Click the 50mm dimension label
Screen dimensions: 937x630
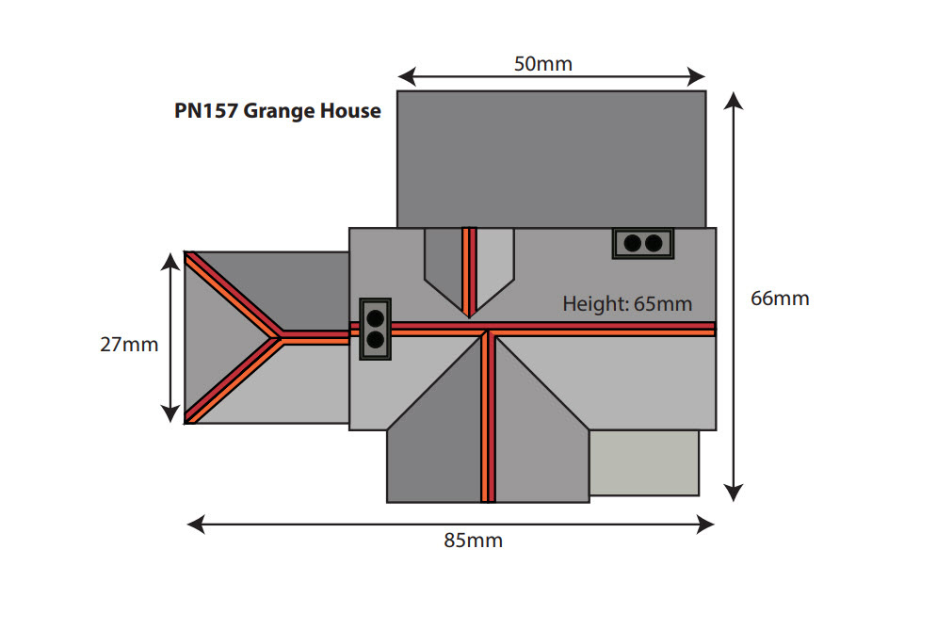tap(543, 64)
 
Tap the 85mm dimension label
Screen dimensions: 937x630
tap(473, 541)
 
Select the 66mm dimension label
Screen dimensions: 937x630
tap(780, 299)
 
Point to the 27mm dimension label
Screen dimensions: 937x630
tap(129, 344)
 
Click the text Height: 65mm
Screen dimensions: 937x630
tap(627, 303)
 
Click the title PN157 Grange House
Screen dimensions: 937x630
tap(278, 111)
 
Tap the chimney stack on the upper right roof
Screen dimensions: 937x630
tap(643, 243)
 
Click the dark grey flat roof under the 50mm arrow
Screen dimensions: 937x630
tap(551, 158)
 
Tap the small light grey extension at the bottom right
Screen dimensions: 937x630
tap(644, 462)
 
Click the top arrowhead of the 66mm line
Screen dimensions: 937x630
tap(735, 101)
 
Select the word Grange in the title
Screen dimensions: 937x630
tap(283, 111)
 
